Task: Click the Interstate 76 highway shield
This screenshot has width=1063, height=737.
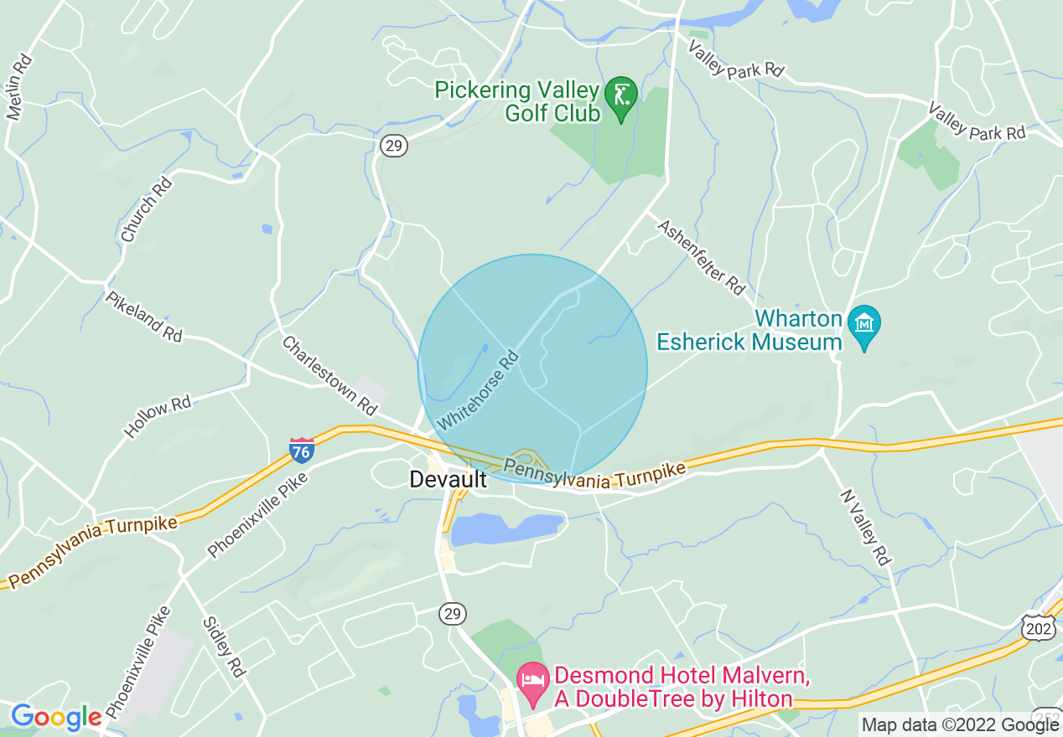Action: (x=302, y=451)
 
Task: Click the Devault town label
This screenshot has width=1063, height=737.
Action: (x=448, y=479)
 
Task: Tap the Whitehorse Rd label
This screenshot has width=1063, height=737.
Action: (x=478, y=391)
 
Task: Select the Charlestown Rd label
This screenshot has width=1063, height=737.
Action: (x=329, y=375)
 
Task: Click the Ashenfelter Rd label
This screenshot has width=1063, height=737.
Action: (x=701, y=257)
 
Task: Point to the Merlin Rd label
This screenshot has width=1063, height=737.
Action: (x=19, y=87)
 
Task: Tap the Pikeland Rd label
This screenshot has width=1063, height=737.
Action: (x=143, y=316)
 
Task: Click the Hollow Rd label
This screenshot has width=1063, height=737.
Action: (x=158, y=416)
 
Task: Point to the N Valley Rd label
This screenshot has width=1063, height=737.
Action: (x=863, y=528)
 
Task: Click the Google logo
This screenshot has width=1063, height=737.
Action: (x=55, y=717)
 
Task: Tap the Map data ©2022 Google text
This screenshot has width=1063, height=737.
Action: (x=960, y=725)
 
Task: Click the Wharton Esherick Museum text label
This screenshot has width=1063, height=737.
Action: (x=749, y=330)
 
